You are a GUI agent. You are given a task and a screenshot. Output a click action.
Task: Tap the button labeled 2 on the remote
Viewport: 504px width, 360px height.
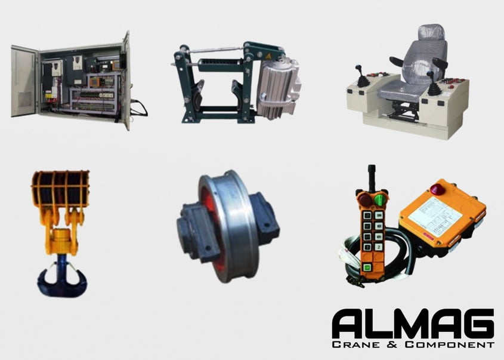[378, 247]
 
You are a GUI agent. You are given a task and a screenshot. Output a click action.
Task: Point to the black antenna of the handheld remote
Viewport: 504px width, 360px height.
[372, 177]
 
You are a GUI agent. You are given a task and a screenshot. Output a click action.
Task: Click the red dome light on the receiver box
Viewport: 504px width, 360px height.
[437, 189]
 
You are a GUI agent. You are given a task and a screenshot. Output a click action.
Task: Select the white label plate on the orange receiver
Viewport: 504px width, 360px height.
[434, 211]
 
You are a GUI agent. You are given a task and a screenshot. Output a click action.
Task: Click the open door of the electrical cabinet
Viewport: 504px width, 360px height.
[24, 81]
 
